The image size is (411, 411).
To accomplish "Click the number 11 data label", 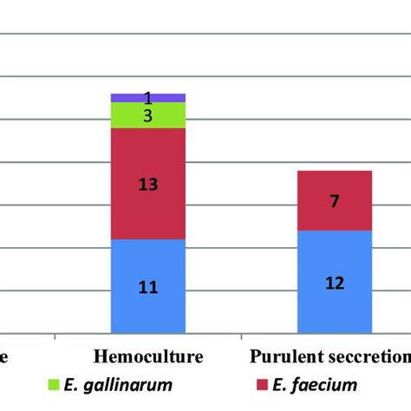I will tap(147, 287).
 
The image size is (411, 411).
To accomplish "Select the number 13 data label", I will tap(147, 184).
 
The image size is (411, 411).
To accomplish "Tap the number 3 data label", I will tap(147, 115).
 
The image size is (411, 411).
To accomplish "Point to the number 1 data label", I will tap(147, 98).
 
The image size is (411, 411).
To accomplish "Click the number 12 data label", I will tap(334, 283).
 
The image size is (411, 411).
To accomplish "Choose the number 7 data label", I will tap(334, 201).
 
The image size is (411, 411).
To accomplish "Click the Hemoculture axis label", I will tap(147, 356).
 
